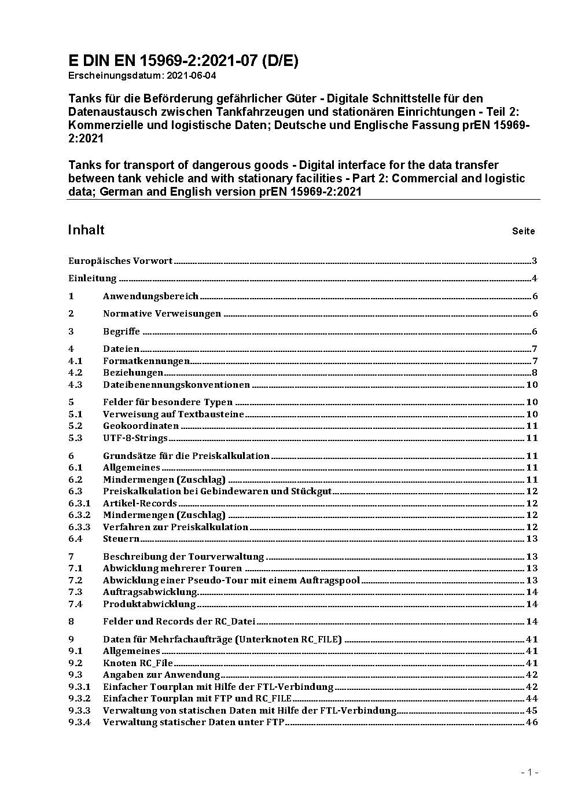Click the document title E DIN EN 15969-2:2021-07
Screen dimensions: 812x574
[183, 61]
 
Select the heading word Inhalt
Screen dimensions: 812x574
[86, 230]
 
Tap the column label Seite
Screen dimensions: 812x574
[523, 232]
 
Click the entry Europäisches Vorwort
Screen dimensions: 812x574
[120, 261]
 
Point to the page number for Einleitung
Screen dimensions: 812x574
[535, 278]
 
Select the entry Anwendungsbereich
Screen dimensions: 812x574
[150, 296]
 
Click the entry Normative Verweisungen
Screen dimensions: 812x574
[162, 314]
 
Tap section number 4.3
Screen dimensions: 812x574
[75, 385]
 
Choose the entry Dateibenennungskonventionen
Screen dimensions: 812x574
[176, 385]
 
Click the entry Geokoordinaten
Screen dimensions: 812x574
[141, 426]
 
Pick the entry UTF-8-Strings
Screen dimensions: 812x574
[135, 438]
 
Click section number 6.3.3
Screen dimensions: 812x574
[79, 527]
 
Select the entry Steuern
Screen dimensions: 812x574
[121, 539]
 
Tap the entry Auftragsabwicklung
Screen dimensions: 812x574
[150, 592]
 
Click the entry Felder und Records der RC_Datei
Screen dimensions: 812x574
[179, 622]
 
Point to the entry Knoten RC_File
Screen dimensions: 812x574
[138, 663]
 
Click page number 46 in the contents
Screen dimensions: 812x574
[532, 722]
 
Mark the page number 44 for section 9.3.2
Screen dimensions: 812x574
[532, 699]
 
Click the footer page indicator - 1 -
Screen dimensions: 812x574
[529, 772]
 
